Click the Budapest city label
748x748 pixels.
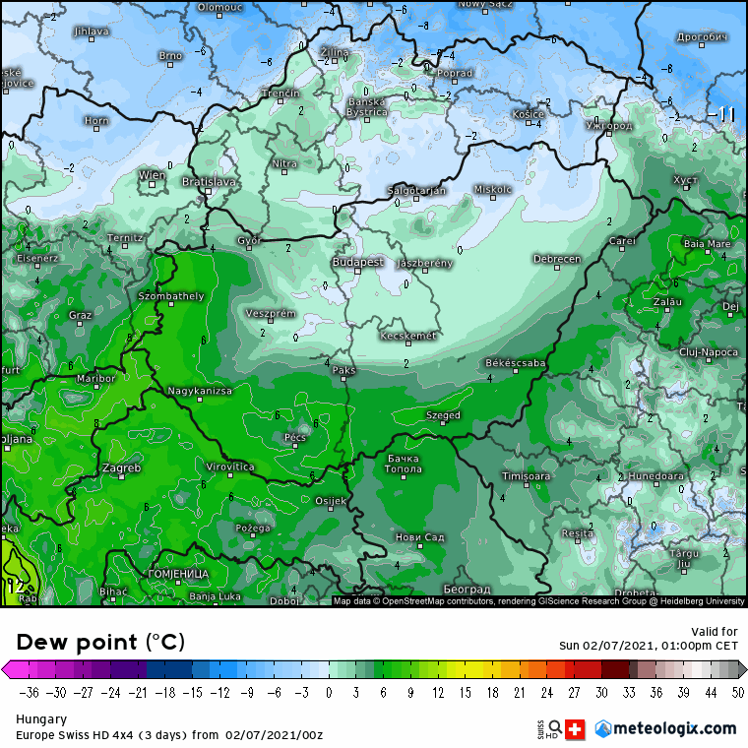(357, 262)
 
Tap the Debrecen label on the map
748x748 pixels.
(556, 259)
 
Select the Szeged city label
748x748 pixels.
(443, 415)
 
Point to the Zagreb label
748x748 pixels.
(121, 467)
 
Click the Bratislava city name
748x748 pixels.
(210, 182)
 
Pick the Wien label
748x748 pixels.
(152, 175)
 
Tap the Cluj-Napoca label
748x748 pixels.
(709, 351)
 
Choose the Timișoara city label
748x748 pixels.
(526, 475)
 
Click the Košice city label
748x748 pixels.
(529, 114)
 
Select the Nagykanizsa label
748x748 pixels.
(200, 391)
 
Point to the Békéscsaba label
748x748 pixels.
(516, 363)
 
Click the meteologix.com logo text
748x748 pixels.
(674, 728)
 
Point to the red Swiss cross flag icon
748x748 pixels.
(576, 729)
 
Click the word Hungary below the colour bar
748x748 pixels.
(41, 719)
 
